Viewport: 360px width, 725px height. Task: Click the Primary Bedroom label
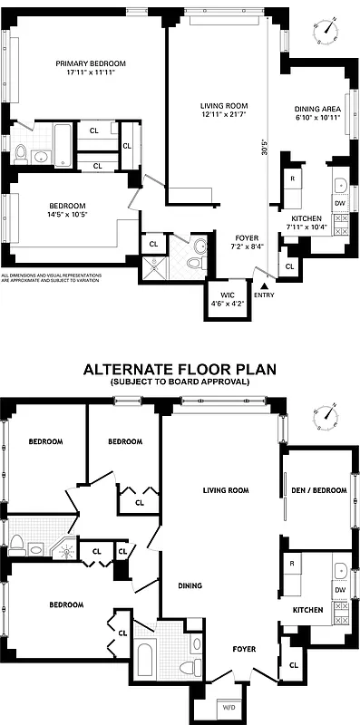90,63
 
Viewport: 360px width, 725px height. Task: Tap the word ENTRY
264,295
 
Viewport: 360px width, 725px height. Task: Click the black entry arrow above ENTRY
264,285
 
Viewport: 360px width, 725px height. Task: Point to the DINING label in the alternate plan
190,585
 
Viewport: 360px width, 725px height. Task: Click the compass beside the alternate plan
327,415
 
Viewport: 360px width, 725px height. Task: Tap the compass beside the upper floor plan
328,26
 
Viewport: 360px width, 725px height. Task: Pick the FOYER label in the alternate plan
243,649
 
